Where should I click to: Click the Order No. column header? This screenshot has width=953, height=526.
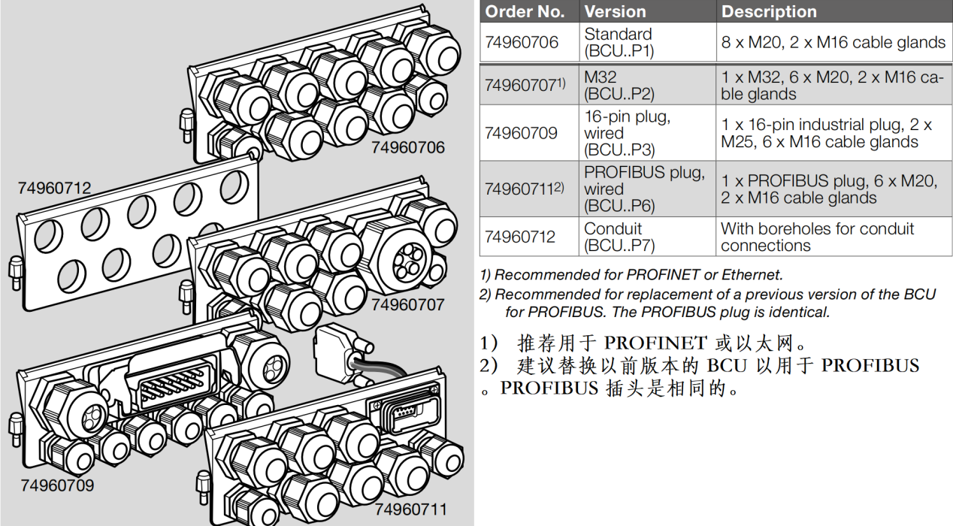[525, 12]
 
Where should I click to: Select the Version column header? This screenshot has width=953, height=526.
[616, 12]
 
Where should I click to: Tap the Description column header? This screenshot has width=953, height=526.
[769, 12]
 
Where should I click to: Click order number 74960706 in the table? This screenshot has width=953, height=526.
[522, 43]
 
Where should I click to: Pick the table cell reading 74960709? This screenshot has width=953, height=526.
[521, 133]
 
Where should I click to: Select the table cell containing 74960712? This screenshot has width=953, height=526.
[520, 237]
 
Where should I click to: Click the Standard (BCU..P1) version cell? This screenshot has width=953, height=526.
[619, 43]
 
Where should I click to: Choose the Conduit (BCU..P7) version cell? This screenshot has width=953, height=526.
[619, 237]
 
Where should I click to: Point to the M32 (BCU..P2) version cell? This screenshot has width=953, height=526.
[619, 85]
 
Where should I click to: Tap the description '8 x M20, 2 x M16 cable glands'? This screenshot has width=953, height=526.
[833, 43]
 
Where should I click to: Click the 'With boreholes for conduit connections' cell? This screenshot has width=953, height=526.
[817, 237]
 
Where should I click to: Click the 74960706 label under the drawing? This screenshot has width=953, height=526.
[407, 147]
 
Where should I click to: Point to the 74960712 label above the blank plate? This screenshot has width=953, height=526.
[54, 188]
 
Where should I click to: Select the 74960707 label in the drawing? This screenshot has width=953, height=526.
[407, 304]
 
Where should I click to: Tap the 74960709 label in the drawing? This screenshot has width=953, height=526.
[57, 485]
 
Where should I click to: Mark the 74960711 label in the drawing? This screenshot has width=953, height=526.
[410, 509]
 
